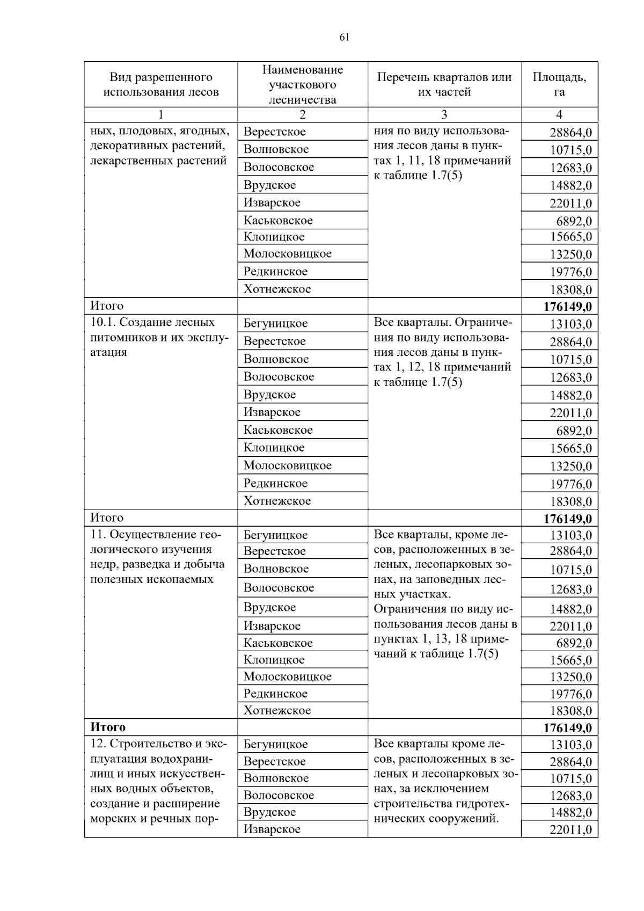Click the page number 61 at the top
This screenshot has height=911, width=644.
coord(344,37)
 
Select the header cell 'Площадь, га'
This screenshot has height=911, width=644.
coord(559,84)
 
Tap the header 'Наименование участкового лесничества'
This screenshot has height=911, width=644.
coord(302,84)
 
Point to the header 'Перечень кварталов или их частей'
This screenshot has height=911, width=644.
coord(444,84)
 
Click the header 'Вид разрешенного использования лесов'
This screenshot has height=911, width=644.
coord(160,84)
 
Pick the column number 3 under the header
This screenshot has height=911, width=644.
coord(444,114)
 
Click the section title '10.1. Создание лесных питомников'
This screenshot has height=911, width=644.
coord(153,323)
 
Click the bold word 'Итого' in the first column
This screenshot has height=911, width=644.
coord(108,727)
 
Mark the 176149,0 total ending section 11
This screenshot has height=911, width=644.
coord(567,728)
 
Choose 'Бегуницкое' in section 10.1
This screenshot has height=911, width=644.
coord(275,323)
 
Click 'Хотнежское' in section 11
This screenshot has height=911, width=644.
coord(277,711)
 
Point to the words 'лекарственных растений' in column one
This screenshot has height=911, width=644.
coord(158,161)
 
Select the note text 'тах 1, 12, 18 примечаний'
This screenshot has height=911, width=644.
coord(442,367)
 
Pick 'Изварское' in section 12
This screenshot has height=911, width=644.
coord(272,829)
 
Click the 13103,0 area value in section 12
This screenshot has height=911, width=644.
coord(570,745)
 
